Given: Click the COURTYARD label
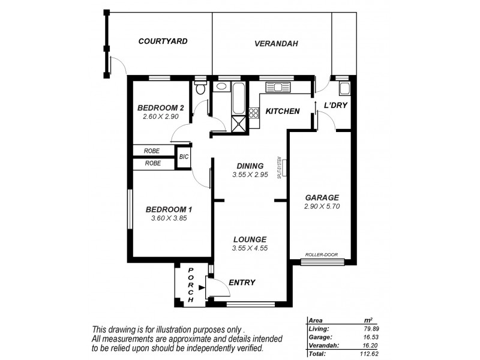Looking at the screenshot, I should coord(163,41).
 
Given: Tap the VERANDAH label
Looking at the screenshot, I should coord(276,44).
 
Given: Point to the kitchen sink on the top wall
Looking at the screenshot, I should coord(279,87).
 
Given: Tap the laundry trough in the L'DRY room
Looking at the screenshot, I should coord(344,90).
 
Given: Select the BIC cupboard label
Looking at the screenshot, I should coord(184,157).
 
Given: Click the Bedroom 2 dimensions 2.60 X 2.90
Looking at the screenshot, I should coord(161,116).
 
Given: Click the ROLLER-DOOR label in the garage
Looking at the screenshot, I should coord(322,254).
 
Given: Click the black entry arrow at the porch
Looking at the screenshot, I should coord(201,287).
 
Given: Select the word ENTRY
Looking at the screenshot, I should coord(242,283).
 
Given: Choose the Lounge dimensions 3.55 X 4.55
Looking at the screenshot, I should coord(250,248).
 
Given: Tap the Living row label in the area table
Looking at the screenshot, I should coord(318,329).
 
